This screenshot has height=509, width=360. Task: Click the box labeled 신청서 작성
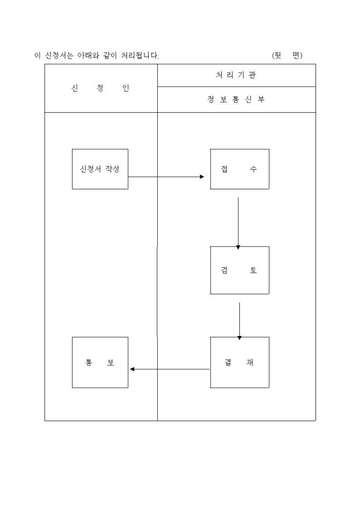click(100, 169)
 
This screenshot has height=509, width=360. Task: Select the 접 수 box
click(239, 169)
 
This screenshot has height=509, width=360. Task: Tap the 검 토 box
click(239, 270)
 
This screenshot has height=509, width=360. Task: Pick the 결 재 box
click(239, 362)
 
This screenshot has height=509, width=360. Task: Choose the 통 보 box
click(100, 362)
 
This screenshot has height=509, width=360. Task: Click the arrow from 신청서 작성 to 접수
click(166, 177)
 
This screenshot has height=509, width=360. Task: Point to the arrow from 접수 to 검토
click(238, 222)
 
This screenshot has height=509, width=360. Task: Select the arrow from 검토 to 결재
click(239, 320)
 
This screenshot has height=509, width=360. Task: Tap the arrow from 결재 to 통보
click(169, 369)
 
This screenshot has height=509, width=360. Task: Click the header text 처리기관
click(236, 75)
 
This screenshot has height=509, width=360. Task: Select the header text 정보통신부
click(236, 99)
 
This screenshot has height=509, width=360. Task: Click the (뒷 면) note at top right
click(286, 56)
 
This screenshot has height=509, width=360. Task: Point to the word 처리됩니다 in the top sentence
click(140, 56)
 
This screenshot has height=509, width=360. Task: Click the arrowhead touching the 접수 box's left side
click(202, 177)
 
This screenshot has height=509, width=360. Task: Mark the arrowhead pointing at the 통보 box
click(132, 369)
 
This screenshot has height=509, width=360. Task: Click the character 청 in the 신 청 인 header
click(100, 88)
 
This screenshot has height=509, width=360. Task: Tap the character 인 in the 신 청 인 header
click(125, 88)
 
